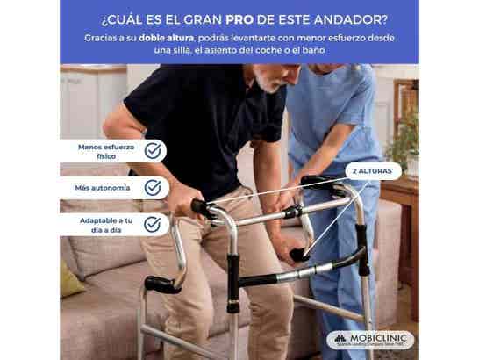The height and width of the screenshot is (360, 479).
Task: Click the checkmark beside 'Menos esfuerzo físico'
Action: coord(153,151)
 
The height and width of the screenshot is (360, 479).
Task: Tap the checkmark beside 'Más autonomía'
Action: coord(153,188)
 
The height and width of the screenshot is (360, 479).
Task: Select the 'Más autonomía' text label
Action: coord(104,188)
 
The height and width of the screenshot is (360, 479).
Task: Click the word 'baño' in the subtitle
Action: coord(329,52)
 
